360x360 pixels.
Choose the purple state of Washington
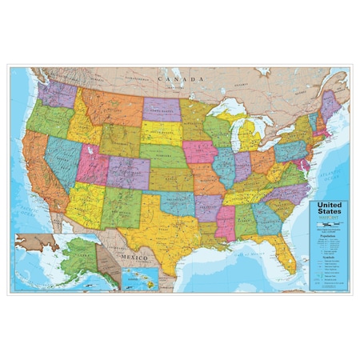(58, 94)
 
